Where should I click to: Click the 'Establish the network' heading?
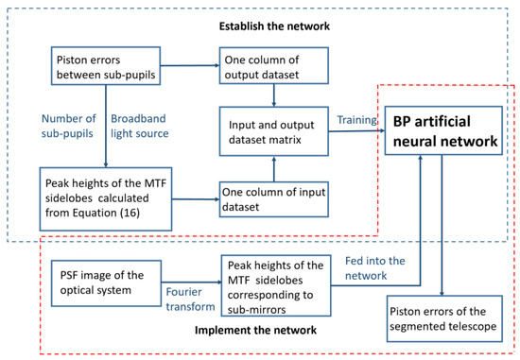[260, 14]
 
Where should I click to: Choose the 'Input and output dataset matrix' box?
[275, 129]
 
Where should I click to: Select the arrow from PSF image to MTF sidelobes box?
[190, 281]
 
